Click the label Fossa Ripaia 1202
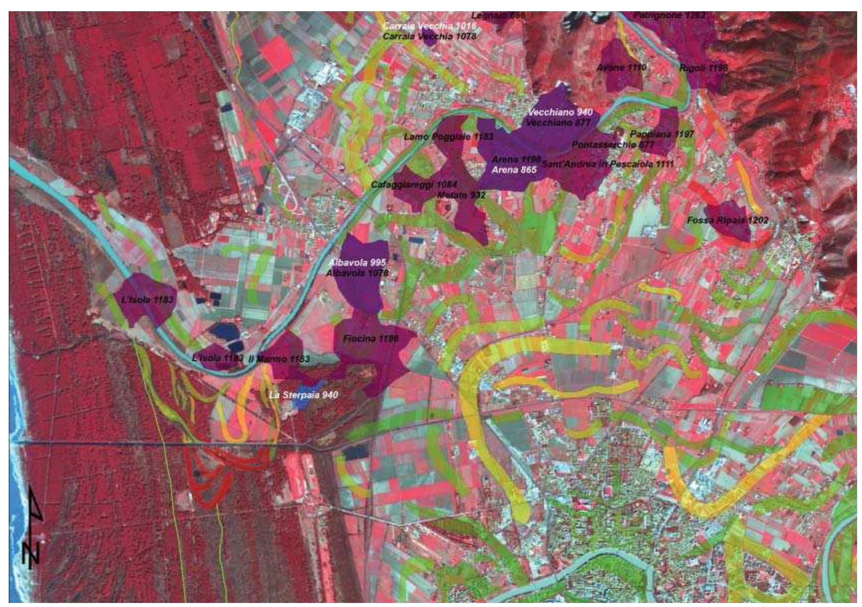coord(727,220)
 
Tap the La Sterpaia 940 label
coord(303,395)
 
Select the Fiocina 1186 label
coord(370,339)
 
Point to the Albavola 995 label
coord(357,263)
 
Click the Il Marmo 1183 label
coord(279,359)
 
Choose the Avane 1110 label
coord(621,67)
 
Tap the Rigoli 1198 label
coord(704,68)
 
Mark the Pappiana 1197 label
coord(662,134)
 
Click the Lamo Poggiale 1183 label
coord(449,136)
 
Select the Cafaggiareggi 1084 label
coord(413,185)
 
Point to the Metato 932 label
coord(461,195)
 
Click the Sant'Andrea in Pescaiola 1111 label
coord(607,164)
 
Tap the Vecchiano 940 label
coord(560,112)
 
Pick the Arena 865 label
coord(514,170)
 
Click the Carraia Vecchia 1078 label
coord(429,36)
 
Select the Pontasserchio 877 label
coord(613,145)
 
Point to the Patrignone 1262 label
coord(669,15)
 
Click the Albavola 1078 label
coord(357,273)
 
